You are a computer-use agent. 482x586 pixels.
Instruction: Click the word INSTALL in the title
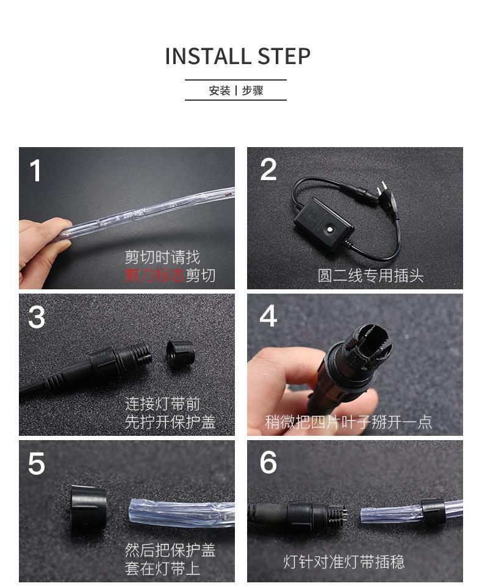(x=207, y=56)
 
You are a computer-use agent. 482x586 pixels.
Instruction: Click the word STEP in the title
(x=284, y=56)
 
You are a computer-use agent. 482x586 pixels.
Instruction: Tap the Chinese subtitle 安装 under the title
(x=219, y=90)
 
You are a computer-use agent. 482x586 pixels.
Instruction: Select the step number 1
(x=35, y=170)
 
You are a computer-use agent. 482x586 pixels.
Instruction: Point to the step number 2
(x=268, y=170)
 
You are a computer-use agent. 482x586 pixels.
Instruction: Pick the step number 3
(x=36, y=317)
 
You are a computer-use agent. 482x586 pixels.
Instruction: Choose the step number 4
(x=268, y=316)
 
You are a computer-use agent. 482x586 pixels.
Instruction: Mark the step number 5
(x=36, y=463)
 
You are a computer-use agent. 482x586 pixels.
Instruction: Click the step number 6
(x=268, y=462)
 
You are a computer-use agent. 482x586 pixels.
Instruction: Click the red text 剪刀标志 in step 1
(x=155, y=275)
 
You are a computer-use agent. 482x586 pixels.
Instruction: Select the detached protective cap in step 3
(x=180, y=354)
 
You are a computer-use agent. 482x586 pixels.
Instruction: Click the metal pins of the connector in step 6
(x=344, y=515)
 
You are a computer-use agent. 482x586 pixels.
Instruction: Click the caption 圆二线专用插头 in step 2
(x=370, y=276)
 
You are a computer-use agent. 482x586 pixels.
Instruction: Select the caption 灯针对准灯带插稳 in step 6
(x=344, y=562)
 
